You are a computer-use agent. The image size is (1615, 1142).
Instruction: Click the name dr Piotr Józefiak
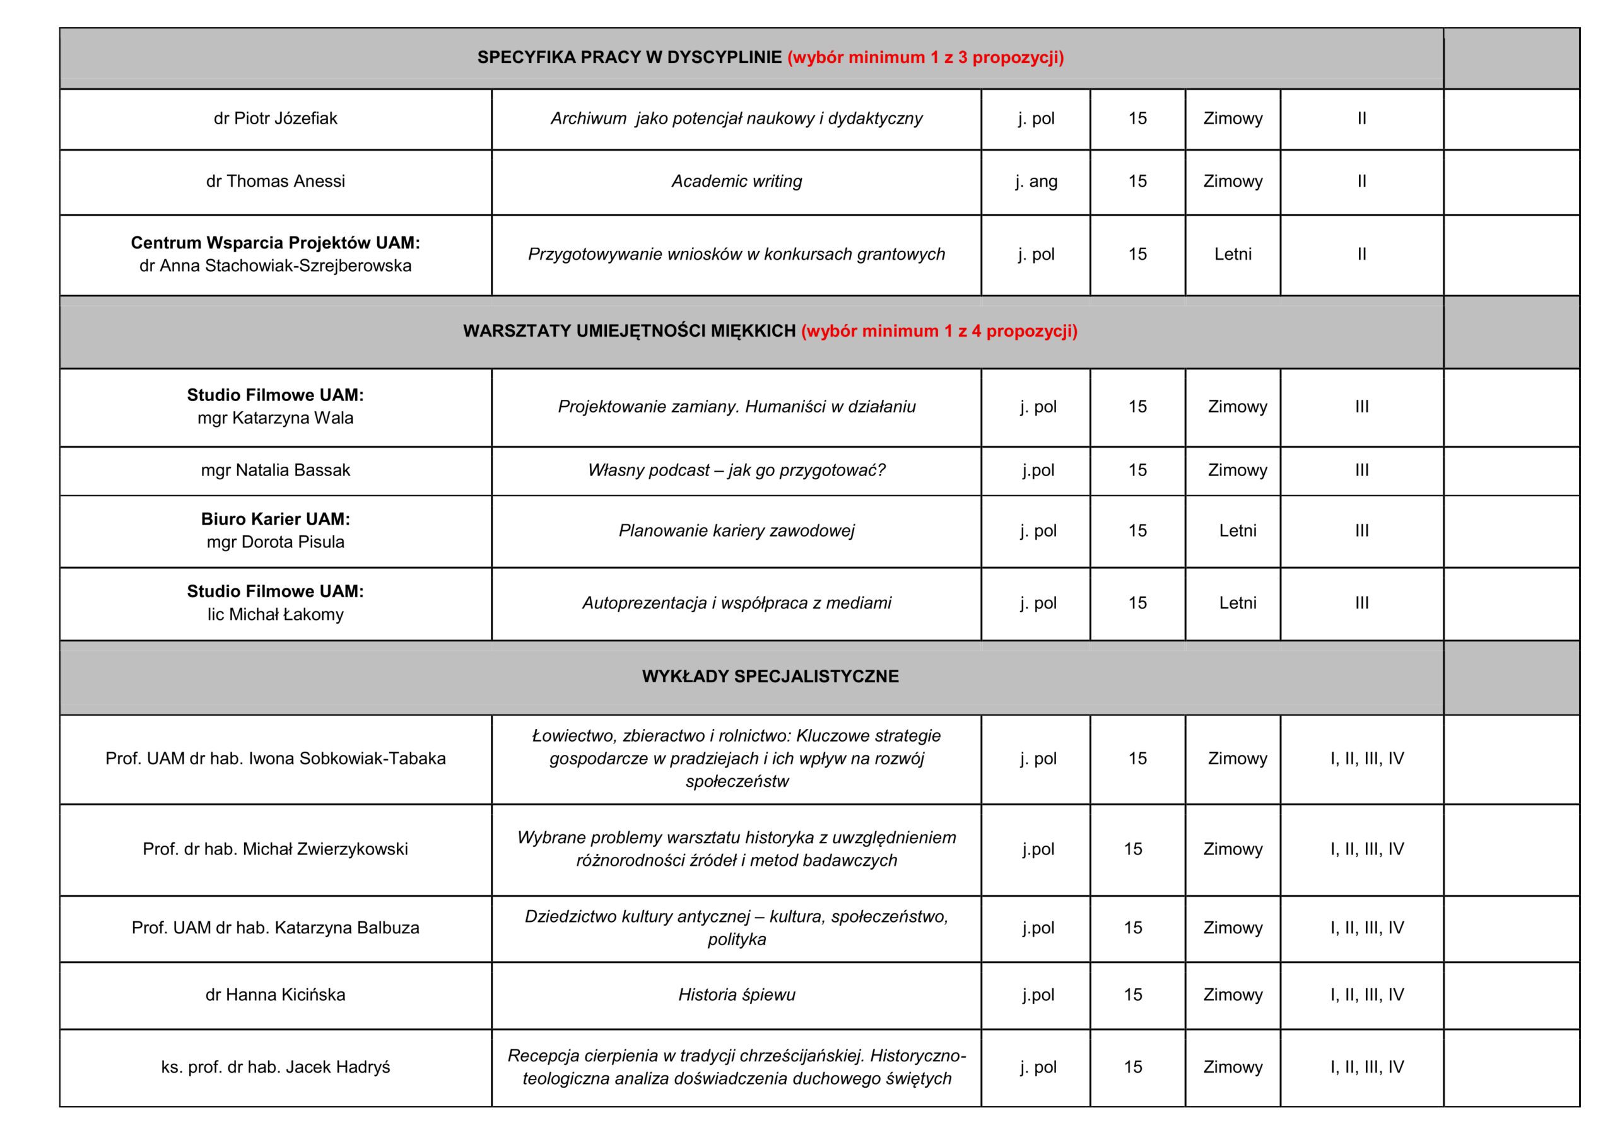275,118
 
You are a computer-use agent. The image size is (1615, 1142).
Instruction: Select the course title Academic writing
736,181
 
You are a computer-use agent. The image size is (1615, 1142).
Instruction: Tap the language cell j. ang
1035,181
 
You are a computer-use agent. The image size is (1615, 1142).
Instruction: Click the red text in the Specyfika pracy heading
925,57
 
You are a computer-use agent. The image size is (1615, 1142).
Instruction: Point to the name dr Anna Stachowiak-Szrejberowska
275,266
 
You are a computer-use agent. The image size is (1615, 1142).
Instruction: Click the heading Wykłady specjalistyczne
770,677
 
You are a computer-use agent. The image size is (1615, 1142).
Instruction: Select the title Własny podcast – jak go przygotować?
736,470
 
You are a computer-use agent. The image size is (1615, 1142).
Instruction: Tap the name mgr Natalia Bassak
275,470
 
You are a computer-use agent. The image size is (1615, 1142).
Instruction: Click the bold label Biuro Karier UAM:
275,519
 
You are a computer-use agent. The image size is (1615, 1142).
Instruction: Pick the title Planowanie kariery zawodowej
736,531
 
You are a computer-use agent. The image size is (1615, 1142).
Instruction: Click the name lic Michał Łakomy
275,615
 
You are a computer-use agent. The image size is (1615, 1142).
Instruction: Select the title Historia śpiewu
736,994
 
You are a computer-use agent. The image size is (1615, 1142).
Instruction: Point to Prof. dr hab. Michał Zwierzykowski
275,849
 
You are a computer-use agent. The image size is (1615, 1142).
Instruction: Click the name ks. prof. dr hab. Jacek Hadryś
275,1067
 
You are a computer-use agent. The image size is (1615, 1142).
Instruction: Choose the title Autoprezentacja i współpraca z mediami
736,603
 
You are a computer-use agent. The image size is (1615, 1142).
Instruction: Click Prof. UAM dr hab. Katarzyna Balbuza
275,928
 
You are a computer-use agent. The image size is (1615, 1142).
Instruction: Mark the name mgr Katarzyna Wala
275,419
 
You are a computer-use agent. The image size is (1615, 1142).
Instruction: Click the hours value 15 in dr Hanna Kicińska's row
1132,994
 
